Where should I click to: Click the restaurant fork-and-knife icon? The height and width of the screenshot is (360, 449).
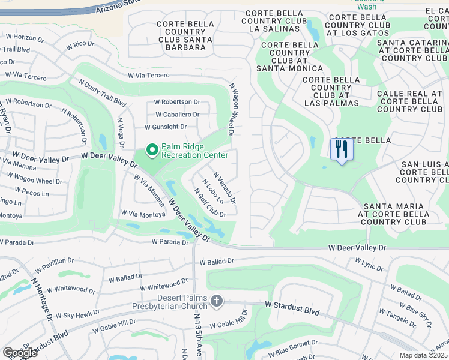coord(342,149)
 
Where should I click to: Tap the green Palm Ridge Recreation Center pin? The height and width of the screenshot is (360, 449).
coord(152,149)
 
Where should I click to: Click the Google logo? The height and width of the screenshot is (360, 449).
coord(19,353)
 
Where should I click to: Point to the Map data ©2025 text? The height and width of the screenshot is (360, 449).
coord(424,355)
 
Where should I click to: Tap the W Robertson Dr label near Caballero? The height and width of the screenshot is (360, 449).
coord(176,102)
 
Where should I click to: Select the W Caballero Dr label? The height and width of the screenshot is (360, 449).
coord(177,114)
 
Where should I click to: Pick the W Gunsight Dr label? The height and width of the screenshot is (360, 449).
coord(166,127)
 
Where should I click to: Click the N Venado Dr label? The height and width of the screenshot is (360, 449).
coord(224,186)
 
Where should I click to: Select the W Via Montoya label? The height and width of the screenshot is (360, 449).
coord(142,213)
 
